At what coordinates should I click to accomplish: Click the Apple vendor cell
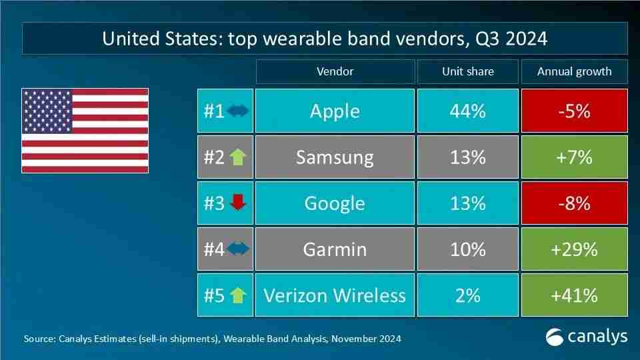pyautogui.click(x=335, y=111)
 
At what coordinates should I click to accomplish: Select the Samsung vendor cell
pyautogui.click(x=335, y=157)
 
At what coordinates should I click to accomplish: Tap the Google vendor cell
pyautogui.click(x=335, y=203)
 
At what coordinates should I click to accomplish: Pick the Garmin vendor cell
pyautogui.click(x=335, y=249)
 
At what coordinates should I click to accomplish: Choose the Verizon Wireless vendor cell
pyautogui.click(x=335, y=295)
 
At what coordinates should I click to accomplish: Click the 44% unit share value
pyautogui.click(x=467, y=111)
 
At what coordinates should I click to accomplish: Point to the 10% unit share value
pyautogui.click(x=467, y=249)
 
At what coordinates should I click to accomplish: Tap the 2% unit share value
pyautogui.click(x=467, y=295)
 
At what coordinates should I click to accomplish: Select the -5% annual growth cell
pyautogui.click(x=574, y=111)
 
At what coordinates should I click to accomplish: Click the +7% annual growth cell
pyautogui.click(x=574, y=157)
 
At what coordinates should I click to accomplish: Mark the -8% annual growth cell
pyautogui.click(x=574, y=203)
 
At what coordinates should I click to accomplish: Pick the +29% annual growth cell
pyautogui.click(x=574, y=249)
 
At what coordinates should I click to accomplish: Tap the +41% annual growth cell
pyautogui.click(x=574, y=295)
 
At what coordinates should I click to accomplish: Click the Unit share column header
pyautogui.click(x=467, y=71)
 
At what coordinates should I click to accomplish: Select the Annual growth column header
pyautogui.click(x=574, y=71)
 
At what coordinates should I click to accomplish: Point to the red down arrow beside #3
pyautogui.click(x=237, y=203)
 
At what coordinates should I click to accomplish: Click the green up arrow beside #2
pyautogui.click(x=237, y=157)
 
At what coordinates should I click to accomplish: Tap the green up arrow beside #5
pyautogui.click(x=237, y=295)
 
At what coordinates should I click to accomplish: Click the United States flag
pyautogui.click(x=85, y=131)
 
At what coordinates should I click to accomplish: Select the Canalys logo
pyautogui.click(x=587, y=337)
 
